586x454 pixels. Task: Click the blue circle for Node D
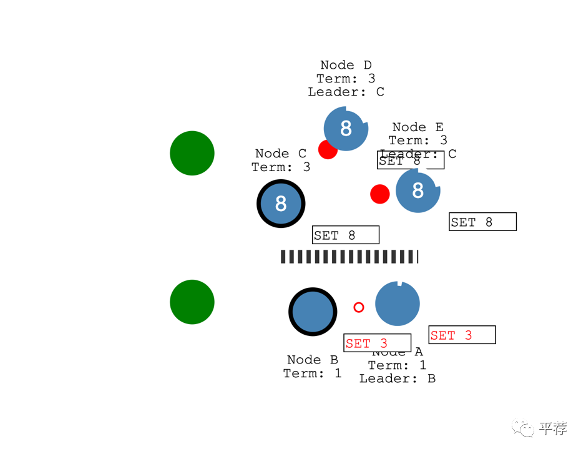click(346, 129)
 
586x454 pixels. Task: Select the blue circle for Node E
click(418, 190)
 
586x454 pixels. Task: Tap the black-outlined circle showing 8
click(281, 204)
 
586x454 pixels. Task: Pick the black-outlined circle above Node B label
click(313, 312)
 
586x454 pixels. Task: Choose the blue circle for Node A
click(398, 303)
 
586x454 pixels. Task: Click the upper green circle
click(192, 153)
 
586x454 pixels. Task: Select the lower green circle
click(192, 302)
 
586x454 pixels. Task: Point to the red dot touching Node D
click(327, 150)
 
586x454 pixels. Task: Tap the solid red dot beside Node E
click(380, 194)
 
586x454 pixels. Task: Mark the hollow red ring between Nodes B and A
click(359, 307)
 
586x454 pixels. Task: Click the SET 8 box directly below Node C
click(346, 235)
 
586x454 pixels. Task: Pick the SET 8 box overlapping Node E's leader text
click(411, 160)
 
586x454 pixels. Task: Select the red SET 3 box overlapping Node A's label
click(377, 343)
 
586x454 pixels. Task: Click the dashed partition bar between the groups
click(349, 257)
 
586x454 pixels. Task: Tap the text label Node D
click(346, 65)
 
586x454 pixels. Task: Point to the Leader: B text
click(398, 378)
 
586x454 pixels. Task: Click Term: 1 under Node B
click(313, 373)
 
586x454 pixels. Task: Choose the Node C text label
click(281, 154)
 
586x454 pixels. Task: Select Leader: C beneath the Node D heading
click(346, 92)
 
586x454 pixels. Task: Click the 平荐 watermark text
click(554, 428)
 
